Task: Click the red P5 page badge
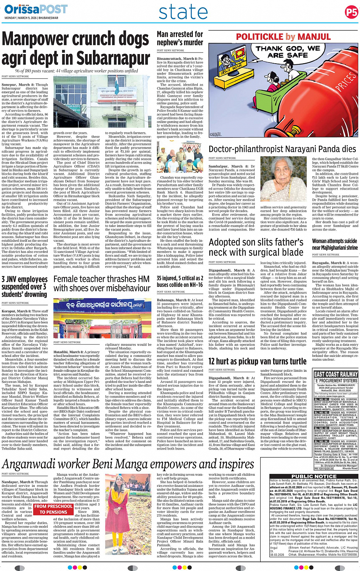coord(351,12)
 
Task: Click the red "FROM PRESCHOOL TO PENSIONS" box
coord(53,509)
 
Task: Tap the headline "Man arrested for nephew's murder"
coord(180,38)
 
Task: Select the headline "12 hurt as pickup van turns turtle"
coord(258,361)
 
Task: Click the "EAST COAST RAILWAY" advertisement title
coord(336,374)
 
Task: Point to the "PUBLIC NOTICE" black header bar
coord(314,476)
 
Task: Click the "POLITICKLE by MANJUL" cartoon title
coord(283,37)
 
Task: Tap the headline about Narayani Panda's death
coord(282,149)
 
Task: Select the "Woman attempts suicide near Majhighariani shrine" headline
coord(335,244)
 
